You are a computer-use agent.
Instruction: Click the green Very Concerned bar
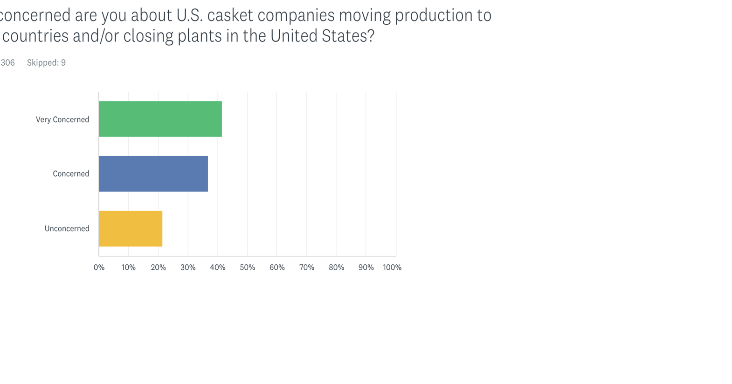coord(160,119)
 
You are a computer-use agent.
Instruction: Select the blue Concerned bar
coord(153,174)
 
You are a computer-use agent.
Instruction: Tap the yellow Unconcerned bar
coord(131,228)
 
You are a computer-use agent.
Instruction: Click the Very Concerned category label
coord(62,120)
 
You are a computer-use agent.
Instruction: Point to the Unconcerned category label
coord(67,228)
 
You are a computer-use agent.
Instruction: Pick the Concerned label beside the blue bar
coord(71,174)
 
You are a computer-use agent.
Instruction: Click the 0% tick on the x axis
coord(99,267)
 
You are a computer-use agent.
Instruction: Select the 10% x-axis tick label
coord(129,267)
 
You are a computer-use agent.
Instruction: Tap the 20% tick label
coord(158,267)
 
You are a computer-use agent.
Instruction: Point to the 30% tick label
coord(188,267)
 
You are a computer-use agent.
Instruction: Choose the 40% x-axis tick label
coord(218,267)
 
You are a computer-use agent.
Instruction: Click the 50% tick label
coord(248,267)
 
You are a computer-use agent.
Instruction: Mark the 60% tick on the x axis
coord(277,267)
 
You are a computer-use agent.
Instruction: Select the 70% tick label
coord(307,267)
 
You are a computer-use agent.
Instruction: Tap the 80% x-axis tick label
coord(336,267)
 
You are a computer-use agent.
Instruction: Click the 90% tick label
coord(366,267)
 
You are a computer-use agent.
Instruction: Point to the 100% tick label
coord(392,267)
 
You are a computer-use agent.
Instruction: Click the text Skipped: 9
coord(46,63)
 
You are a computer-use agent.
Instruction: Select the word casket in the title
coord(230,15)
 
